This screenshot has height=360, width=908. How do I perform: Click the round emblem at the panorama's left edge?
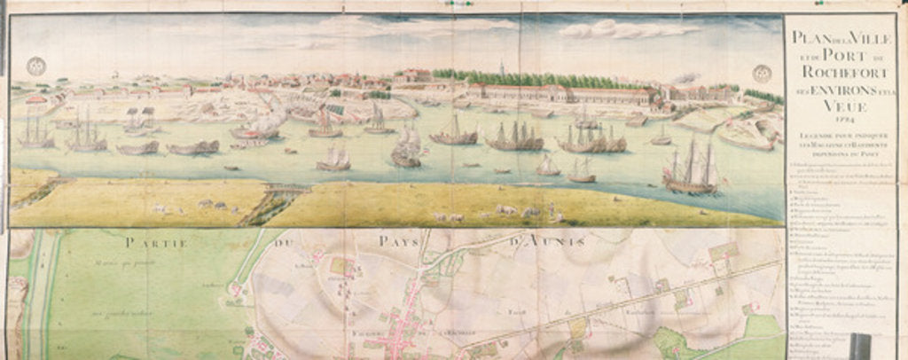pos(35,66)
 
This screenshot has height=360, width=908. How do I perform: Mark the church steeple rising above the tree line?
pos(501,67)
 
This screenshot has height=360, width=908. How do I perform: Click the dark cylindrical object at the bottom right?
pos(859,345)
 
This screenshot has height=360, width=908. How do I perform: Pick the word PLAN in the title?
pos(803,39)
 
